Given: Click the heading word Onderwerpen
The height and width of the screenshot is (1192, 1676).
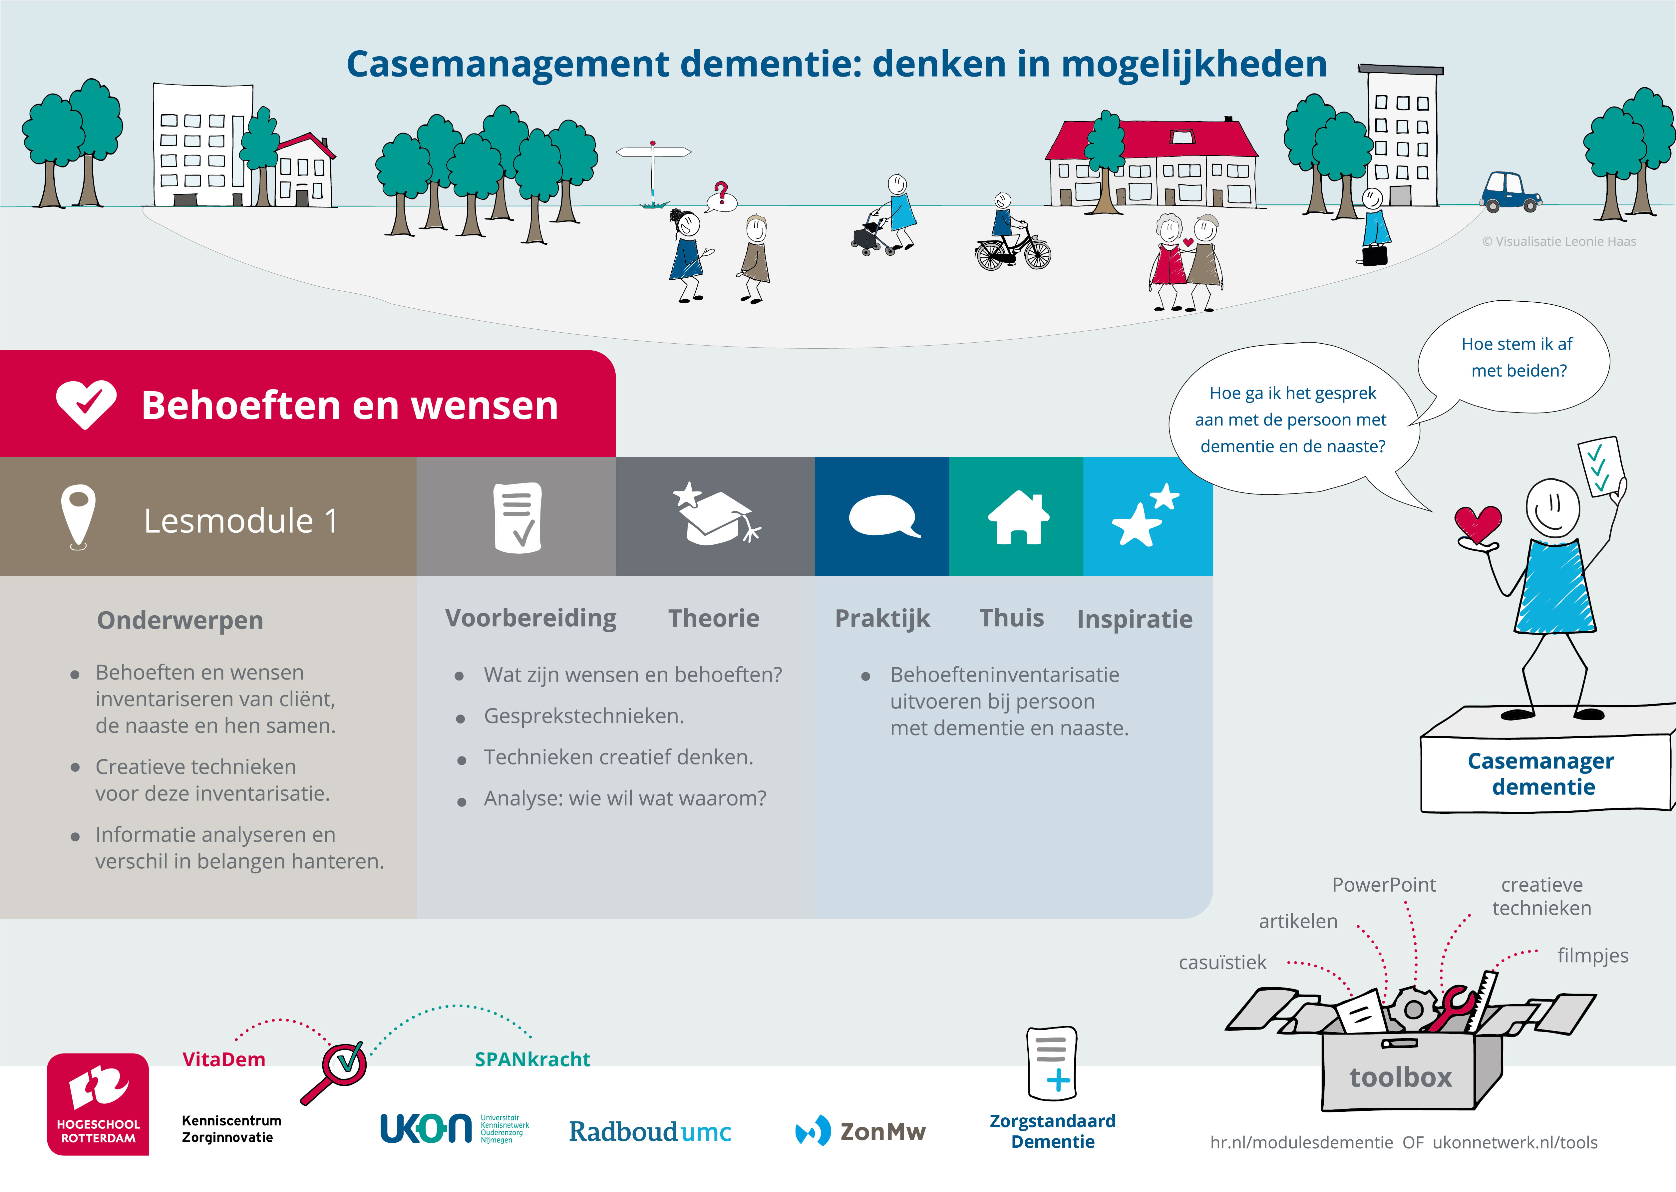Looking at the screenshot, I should (180, 620).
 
